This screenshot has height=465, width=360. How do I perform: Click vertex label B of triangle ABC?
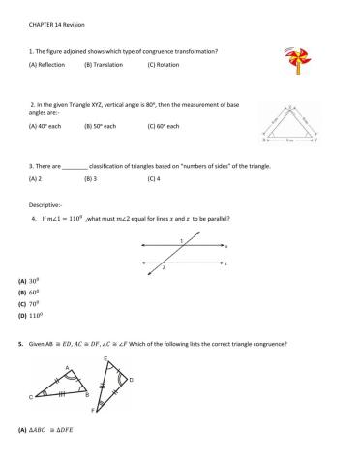pos(89,395)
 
